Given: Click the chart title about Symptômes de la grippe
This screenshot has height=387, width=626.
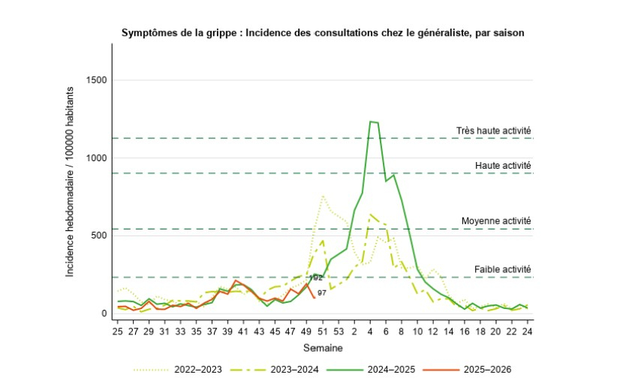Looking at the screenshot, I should [x=323, y=33].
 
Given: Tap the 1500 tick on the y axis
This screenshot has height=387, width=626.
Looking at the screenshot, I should [x=96, y=80].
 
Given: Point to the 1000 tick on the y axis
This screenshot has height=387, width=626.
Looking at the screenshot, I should [x=96, y=158].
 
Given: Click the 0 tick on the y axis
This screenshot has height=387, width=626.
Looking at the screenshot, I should [x=104, y=313].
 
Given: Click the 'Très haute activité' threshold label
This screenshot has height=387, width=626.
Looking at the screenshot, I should [x=494, y=130].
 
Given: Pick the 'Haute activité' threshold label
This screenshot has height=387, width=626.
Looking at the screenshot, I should [x=503, y=165].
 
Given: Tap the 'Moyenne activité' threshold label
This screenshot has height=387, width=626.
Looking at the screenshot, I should [x=496, y=220].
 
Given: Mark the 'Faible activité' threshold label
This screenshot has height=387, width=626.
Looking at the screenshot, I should [x=503, y=269].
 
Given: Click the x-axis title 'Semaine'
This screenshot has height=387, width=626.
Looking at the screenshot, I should [x=323, y=348].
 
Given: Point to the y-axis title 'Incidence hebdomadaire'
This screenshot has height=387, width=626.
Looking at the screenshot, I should [x=70, y=181].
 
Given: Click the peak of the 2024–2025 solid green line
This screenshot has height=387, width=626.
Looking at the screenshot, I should [x=371, y=121].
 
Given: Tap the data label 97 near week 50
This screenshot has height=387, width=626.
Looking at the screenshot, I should [x=321, y=292].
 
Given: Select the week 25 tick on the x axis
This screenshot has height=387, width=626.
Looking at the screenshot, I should [x=117, y=330].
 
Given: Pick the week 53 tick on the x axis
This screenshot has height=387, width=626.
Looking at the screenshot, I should [x=338, y=330].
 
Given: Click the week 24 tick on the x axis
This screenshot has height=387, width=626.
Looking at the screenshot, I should [x=528, y=330].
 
